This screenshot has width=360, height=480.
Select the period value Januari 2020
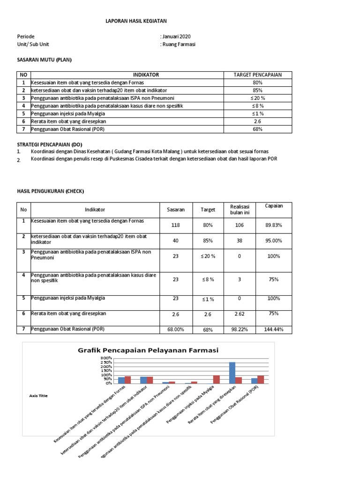(x=176, y=37)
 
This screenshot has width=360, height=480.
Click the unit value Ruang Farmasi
(x=179, y=44)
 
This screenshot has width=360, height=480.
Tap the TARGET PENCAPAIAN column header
(x=257, y=75)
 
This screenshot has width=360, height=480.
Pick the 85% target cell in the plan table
(x=257, y=90)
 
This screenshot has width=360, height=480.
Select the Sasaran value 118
(x=176, y=225)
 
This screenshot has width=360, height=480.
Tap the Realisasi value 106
(x=240, y=225)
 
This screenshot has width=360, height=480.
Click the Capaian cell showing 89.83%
(x=274, y=225)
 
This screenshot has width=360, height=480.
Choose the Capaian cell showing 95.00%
(x=274, y=240)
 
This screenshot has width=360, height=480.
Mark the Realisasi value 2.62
(x=240, y=314)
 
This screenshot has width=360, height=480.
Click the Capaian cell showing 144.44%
(x=274, y=330)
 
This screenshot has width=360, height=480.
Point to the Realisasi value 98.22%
(x=240, y=330)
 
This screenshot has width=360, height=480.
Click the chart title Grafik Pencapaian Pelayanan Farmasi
(x=148, y=350)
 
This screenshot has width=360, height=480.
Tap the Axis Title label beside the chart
(x=38, y=396)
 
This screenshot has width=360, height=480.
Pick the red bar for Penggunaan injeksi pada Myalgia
(x=217, y=379)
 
